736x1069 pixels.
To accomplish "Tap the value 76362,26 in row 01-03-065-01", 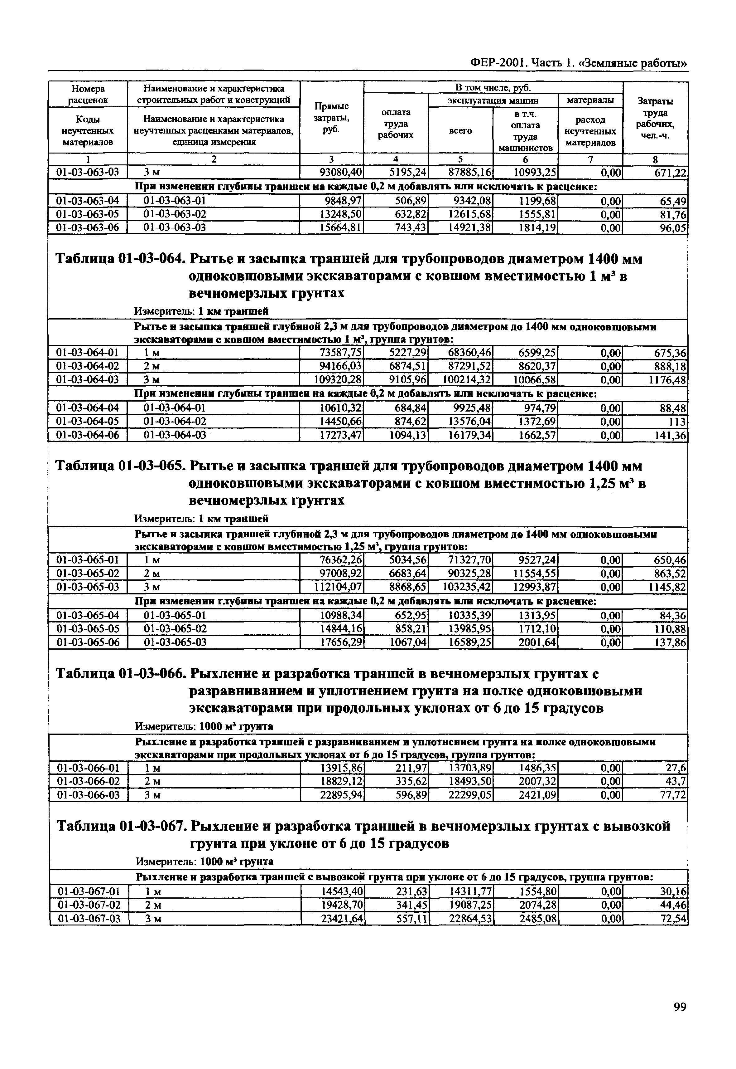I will [342, 560].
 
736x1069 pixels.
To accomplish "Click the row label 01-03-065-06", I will [88, 642].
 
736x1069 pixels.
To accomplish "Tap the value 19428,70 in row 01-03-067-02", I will [342, 905].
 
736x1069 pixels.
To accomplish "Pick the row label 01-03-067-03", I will [89, 919].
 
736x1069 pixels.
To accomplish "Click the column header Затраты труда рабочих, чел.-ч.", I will [655, 118].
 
